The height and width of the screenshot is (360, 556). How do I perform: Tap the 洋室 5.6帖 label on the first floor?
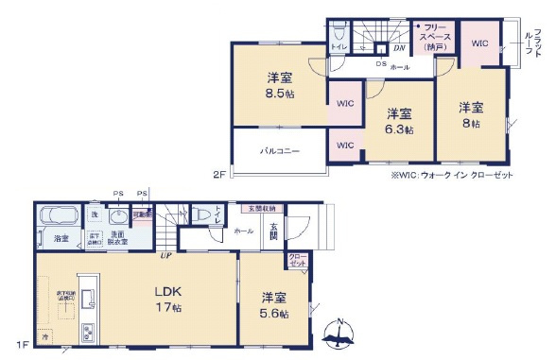point(276,304)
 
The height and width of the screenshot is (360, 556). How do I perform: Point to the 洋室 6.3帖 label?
point(398,120)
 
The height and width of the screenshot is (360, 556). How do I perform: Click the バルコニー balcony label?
point(280,151)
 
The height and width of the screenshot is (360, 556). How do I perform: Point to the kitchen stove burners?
point(87,332)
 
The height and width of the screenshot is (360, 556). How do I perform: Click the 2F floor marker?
point(218,174)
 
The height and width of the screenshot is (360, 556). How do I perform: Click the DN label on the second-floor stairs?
point(399,46)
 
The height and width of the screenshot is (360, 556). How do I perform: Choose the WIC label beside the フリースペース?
point(480,42)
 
